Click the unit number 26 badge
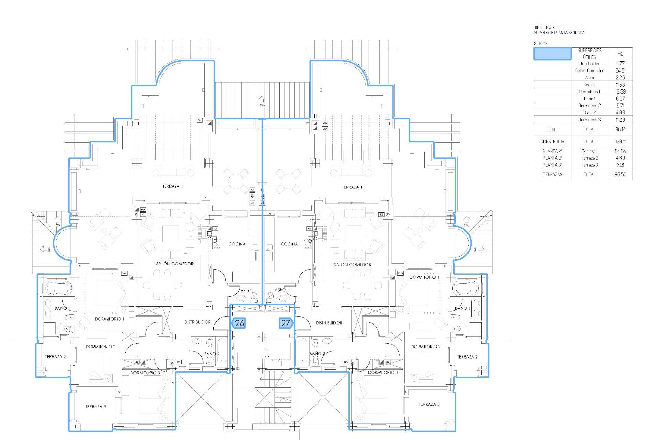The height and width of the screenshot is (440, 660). [x=239, y=323]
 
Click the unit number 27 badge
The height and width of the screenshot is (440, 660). [x=286, y=323]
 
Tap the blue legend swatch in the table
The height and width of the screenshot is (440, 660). [x=552, y=54]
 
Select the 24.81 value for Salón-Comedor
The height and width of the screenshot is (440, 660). [x=620, y=70]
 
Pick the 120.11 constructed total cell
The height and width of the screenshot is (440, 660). [x=620, y=141]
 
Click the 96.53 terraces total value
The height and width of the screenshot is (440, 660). [x=620, y=174]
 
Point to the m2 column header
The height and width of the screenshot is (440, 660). [x=620, y=54]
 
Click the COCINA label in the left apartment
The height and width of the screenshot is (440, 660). [x=237, y=244]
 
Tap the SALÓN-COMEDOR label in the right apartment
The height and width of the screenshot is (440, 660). [x=352, y=265]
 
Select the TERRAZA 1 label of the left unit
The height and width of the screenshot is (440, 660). [x=173, y=186]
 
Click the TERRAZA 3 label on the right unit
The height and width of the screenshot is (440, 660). [x=429, y=404]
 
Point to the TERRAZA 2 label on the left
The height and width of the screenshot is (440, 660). [x=55, y=357]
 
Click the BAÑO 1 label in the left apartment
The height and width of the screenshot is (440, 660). [x=62, y=308]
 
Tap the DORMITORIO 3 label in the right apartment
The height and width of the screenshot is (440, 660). [x=383, y=373]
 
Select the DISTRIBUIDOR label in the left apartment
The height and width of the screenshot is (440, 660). [x=197, y=322]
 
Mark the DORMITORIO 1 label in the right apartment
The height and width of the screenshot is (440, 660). [x=424, y=277]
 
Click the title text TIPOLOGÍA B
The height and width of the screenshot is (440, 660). [x=544, y=27]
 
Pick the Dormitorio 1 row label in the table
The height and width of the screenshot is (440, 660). [x=589, y=92]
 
